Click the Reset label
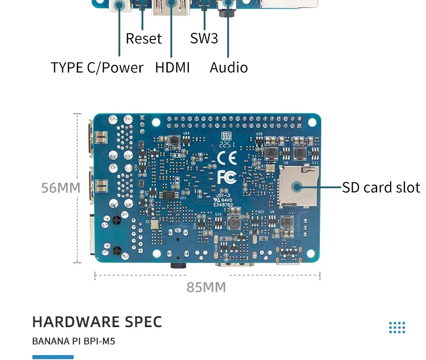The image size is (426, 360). click(x=144, y=39)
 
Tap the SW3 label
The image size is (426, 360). click(x=204, y=39)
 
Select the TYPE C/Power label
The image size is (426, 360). click(x=97, y=67)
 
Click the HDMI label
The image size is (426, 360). click(x=172, y=67)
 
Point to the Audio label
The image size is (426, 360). click(x=229, y=67)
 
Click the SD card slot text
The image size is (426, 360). click(x=381, y=187)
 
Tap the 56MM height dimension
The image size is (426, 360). click(x=61, y=188)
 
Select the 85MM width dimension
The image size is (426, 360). click(x=206, y=288)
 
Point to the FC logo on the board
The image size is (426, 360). click(x=226, y=177)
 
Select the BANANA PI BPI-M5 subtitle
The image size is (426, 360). click(x=74, y=342)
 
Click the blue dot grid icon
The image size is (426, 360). click(x=397, y=328)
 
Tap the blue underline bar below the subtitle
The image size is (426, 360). click(x=53, y=357)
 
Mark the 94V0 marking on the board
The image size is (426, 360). click(x=226, y=200)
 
